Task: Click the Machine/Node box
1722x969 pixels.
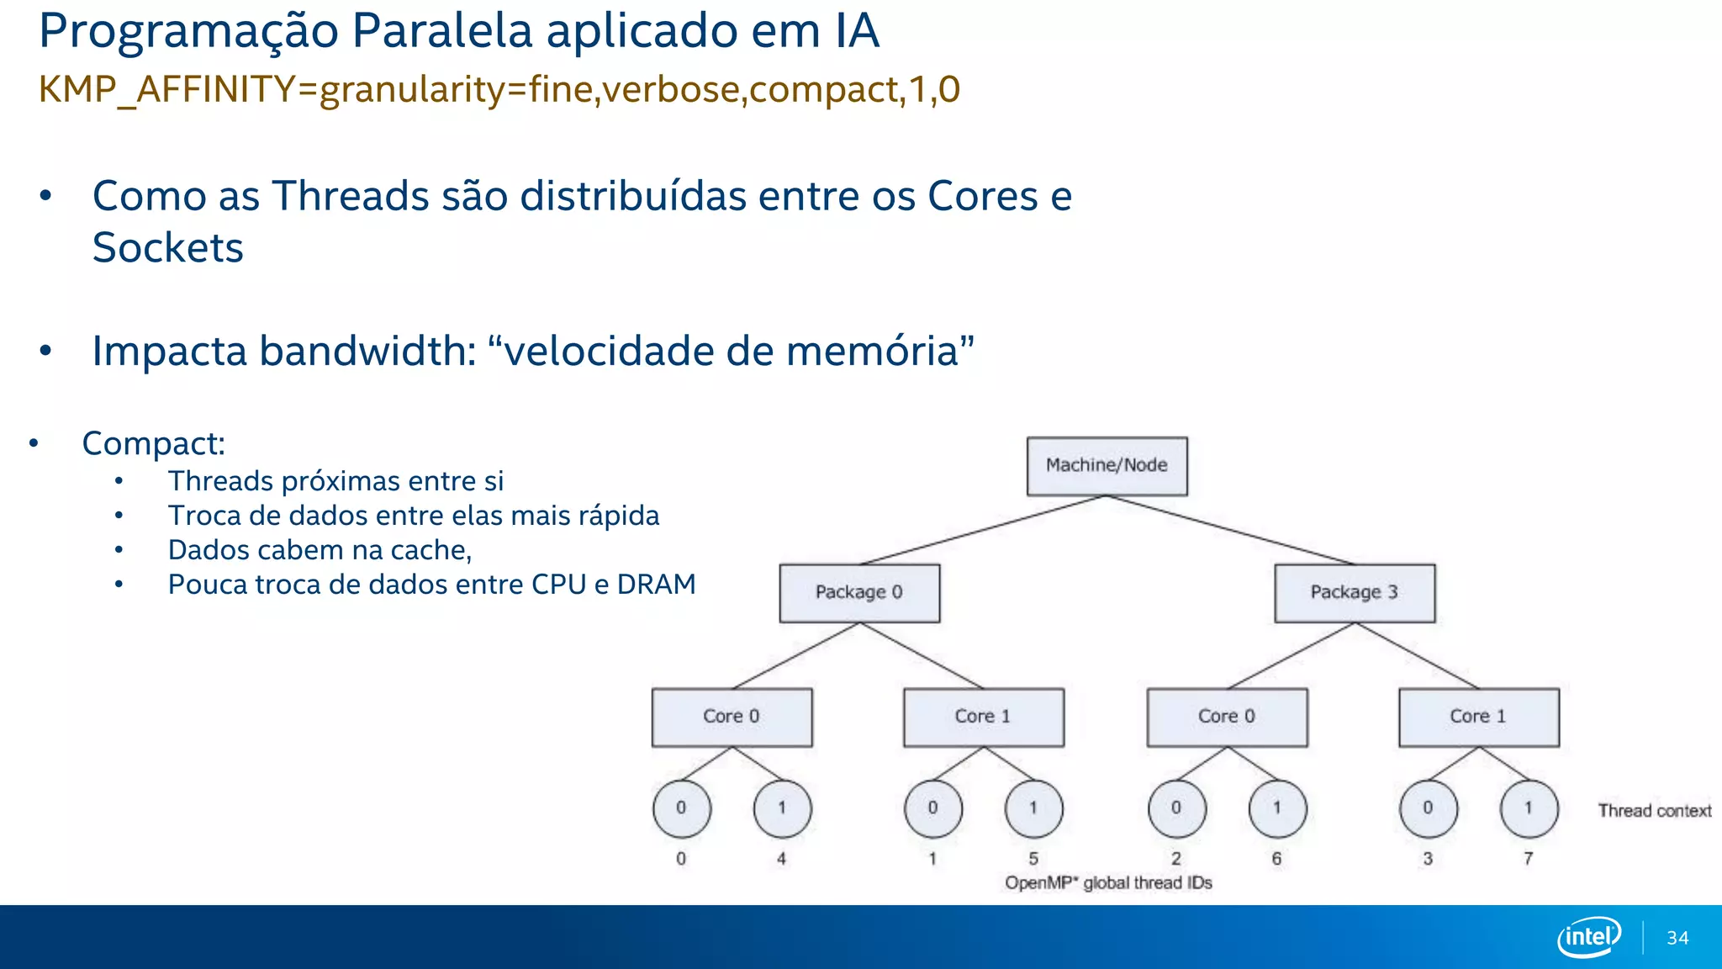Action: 1107,466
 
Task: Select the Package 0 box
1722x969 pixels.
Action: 859,593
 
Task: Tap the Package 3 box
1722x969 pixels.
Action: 1355,593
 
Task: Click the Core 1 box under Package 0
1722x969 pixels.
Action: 983,717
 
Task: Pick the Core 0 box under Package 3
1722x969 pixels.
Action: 1227,717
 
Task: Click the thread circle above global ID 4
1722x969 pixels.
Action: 782,808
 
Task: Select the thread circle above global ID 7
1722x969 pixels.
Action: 1529,808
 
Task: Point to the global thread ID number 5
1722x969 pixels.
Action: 1033,859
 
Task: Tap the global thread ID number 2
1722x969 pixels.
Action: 1176,859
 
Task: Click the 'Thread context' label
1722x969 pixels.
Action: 1654,811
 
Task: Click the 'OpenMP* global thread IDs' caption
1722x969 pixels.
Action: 1108,883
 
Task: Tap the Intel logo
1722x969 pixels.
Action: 1588,936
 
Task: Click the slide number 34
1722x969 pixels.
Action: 1677,938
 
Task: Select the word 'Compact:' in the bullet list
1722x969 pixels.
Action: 154,443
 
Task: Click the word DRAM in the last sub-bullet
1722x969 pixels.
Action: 656,585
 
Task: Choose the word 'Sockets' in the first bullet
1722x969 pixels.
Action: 167,248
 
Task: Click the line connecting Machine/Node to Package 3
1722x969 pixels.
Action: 1231,530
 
